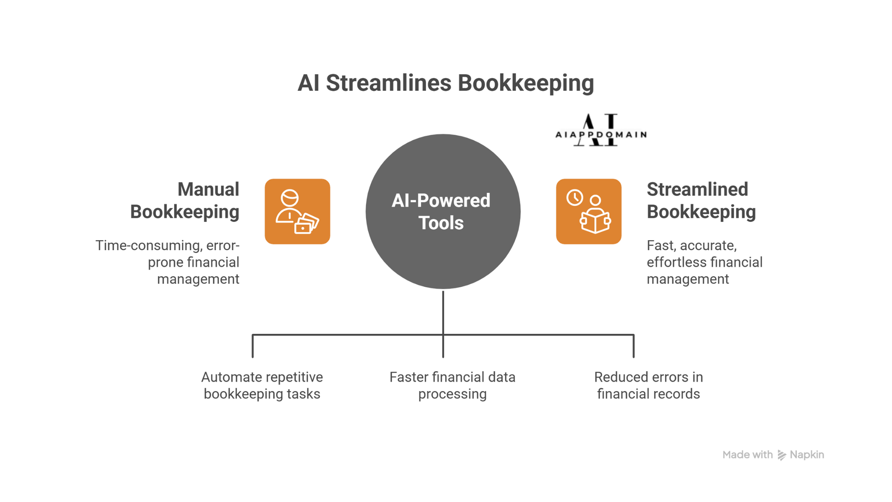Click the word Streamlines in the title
click(388, 83)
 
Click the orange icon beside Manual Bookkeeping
click(297, 212)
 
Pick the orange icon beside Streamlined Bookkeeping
click(588, 212)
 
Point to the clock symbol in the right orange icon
click(575, 198)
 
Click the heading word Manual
click(208, 190)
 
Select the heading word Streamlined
click(697, 190)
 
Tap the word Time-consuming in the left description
click(148, 245)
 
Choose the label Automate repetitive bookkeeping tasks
click(262, 385)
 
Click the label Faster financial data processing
click(452, 385)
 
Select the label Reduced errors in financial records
click(648, 385)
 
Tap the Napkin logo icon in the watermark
click(781, 455)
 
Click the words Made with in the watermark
click(747, 455)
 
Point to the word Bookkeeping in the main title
click(525, 83)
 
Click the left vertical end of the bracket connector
click(252, 346)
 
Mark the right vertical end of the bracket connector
click(633, 346)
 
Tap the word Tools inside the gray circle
click(441, 223)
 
